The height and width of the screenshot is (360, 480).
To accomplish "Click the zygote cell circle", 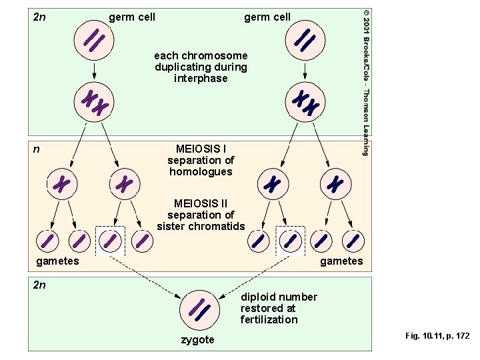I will coord(199,308).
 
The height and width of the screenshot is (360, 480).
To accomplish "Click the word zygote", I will coord(198,340).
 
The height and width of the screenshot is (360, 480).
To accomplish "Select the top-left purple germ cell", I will coord(93,41).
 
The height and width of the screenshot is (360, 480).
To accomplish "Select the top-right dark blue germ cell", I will coord(305,41).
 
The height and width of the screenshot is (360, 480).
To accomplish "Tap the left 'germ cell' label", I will coord(132,17).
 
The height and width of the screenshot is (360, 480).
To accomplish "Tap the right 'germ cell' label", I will coord(267,17).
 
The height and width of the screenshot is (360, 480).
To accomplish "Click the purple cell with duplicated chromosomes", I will coord(95,103).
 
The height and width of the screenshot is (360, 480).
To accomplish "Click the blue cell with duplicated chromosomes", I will coord(306,103).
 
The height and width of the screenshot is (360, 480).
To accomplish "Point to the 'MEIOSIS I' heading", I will coord(201,149).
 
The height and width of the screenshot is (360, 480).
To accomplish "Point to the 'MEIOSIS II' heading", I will coord(201,203).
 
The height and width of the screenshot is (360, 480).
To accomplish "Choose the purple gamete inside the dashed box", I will coord(110,240).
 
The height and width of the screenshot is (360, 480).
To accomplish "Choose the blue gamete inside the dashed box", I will coord(290,240).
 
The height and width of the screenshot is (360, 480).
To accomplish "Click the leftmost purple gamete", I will coord(47,240).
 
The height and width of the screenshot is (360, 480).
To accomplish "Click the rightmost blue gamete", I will coord(353,240).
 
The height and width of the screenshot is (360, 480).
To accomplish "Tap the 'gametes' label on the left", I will coord(57,261).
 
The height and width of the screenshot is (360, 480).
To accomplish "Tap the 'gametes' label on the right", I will coord(341,261).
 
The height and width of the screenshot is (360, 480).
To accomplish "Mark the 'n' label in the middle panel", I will coord(37,149).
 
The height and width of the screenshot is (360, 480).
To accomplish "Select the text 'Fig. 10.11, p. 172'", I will coord(437,336).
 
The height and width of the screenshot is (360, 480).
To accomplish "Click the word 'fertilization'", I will coord(269,319).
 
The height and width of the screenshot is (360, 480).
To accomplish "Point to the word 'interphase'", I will coord(201,79).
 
